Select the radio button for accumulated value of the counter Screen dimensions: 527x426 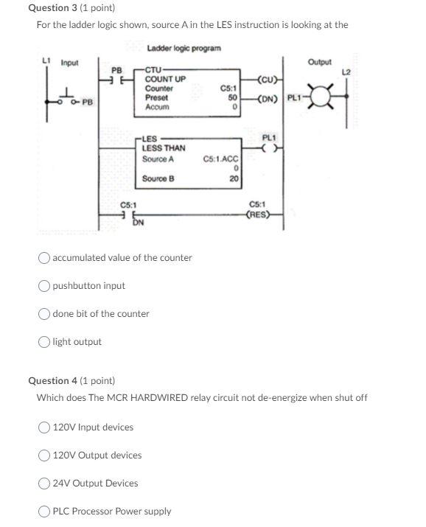[45, 258]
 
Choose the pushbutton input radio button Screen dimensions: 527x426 [45, 286]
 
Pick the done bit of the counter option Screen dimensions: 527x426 [45, 314]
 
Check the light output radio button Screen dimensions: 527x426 [45, 342]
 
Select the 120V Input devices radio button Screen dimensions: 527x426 [46, 427]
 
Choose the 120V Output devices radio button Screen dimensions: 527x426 [46, 456]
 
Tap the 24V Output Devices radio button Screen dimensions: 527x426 [46, 484]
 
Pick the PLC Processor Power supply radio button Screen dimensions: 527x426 [46, 512]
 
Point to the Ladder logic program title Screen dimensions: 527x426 [184, 49]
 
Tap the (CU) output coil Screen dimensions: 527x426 [268, 80]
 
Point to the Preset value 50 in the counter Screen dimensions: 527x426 [231, 98]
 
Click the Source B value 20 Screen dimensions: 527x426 [234, 178]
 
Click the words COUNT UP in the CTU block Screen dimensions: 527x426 [165, 80]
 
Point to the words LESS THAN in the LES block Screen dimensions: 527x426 [164, 148]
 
